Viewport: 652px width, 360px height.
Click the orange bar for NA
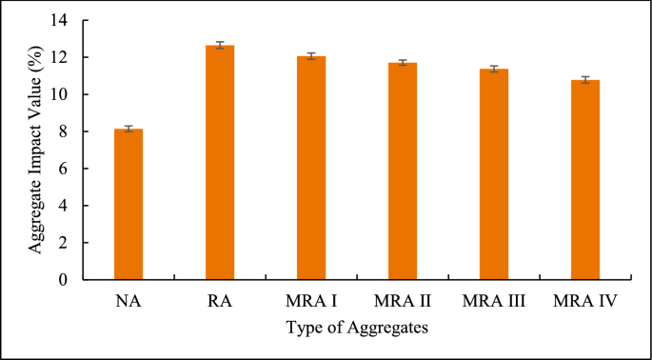point(128,205)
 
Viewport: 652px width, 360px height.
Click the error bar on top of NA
point(128,129)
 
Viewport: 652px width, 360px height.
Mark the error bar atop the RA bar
point(220,45)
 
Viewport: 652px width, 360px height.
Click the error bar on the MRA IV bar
point(585,80)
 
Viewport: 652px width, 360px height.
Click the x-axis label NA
point(128,302)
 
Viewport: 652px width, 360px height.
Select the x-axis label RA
point(220,302)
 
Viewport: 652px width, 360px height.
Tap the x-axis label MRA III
point(494,302)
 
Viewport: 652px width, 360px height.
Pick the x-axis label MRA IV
point(585,302)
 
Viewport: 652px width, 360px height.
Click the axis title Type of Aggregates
point(356,328)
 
